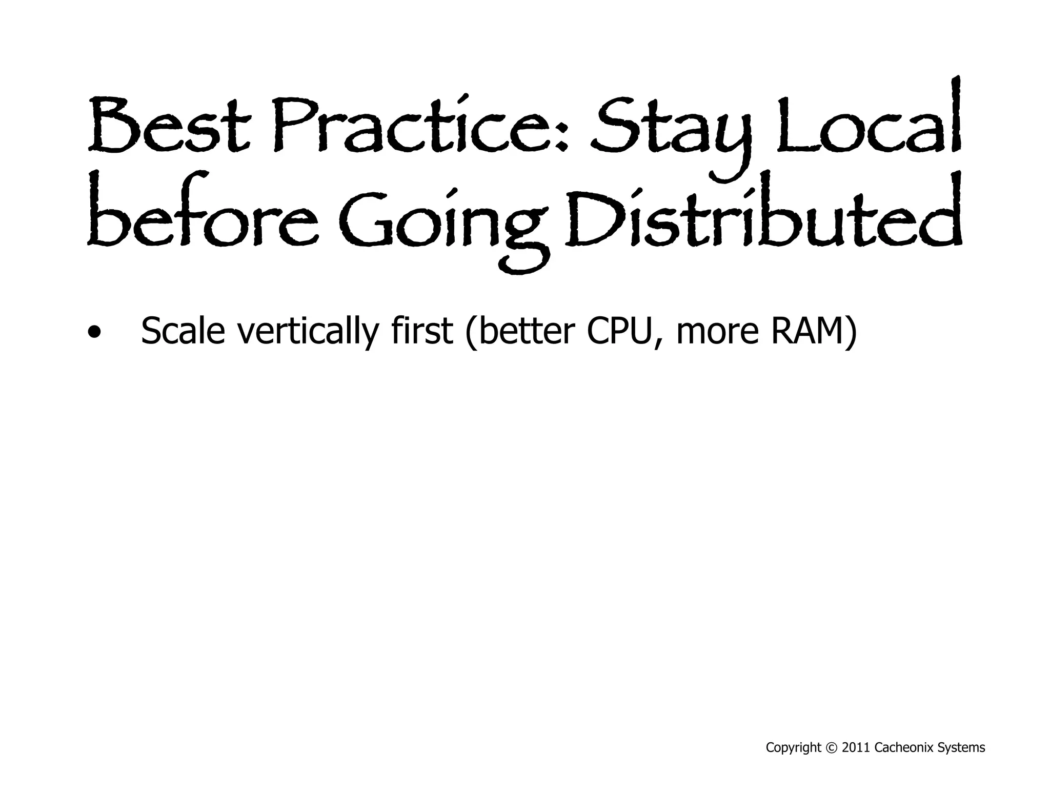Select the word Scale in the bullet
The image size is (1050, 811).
[183, 331]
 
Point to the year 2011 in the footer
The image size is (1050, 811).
[856, 748]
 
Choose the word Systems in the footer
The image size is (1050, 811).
[961, 748]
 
